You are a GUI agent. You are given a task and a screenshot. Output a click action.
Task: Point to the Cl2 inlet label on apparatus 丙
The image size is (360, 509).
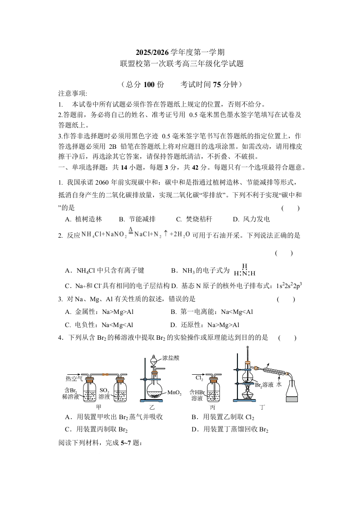(199, 377)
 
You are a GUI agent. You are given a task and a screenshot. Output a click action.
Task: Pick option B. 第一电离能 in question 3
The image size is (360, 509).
(212, 312)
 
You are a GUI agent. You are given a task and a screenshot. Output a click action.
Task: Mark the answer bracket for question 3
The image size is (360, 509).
(286, 299)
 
